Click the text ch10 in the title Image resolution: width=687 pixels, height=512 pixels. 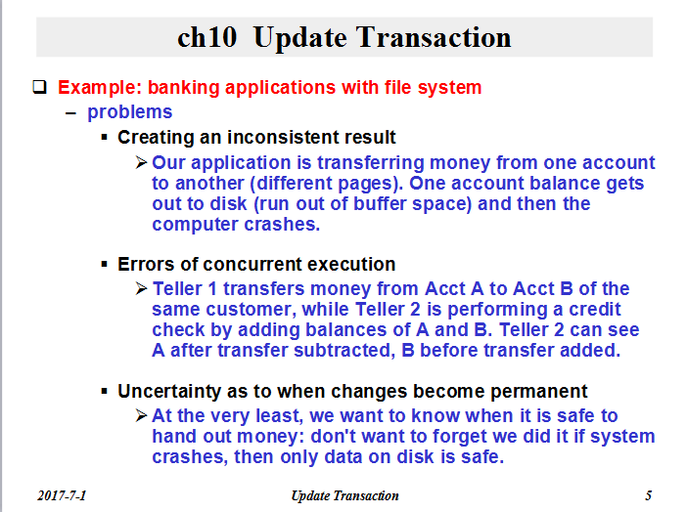tap(207, 37)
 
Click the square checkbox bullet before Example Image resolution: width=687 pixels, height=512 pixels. tap(40, 87)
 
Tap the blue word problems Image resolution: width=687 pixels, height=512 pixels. tap(130, 112)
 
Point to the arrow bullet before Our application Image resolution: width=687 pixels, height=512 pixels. tap(142, 162)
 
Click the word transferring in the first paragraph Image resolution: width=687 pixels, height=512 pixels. tap(371, 163)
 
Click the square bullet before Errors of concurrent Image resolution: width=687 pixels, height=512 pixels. tap(104, 265)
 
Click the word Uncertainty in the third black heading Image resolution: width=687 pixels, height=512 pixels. tap(169, 391)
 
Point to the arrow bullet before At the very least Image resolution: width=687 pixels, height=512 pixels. tap(142, 415)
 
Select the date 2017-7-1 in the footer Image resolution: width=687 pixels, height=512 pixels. tap(62, 495)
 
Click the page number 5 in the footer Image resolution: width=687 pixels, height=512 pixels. tap(649, 495)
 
